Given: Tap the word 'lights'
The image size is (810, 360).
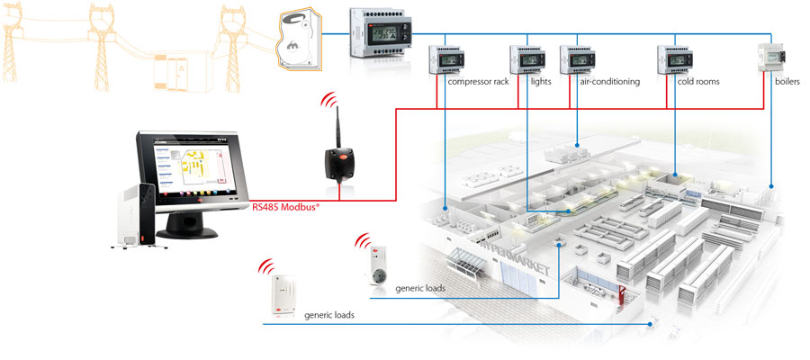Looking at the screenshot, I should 541,82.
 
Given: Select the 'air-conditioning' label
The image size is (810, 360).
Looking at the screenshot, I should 609,82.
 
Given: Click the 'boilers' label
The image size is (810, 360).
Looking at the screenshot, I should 788,82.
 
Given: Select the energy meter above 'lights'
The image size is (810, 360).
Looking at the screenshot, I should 527,59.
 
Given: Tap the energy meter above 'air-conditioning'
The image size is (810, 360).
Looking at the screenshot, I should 578,59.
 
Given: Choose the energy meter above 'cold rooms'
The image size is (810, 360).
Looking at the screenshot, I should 675,59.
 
